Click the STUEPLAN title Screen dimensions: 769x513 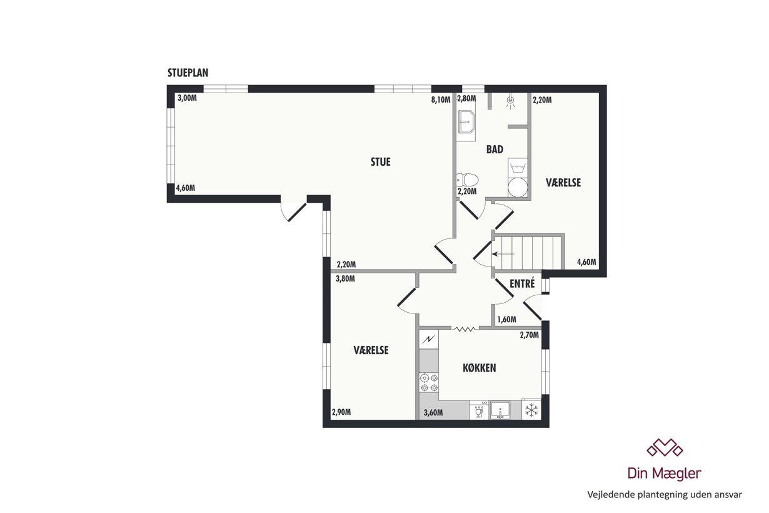tap(188, 73)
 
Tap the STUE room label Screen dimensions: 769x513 tap(380, 162)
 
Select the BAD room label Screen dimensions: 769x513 tap(495, 150)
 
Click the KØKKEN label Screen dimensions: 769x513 tap(480, 368)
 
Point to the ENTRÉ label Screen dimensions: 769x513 tap(522, 283)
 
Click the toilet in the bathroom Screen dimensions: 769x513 tap(467, 180)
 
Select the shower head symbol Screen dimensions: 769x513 tap(511, 101)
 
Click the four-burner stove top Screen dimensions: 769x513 tap(429, 383)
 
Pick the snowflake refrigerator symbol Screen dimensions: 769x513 tap(531, 410)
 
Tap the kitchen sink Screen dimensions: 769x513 tap(500, 410)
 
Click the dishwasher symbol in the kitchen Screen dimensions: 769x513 tap(479, 410)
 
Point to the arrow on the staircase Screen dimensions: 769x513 tap(503, 254)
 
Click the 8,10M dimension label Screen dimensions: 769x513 tap(441, 99)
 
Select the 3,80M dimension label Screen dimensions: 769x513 tap(345, 278)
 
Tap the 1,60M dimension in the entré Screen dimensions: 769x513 tap(506, 320)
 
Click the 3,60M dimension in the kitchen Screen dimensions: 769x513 tap(433, 413)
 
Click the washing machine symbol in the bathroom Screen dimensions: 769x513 tap(518, 168)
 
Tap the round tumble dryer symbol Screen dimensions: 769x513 tap(518, 187)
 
